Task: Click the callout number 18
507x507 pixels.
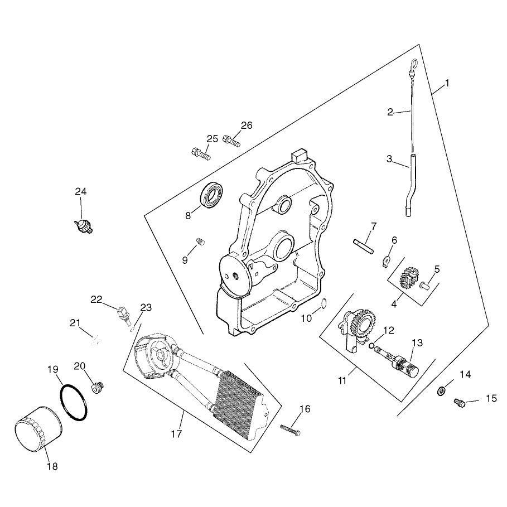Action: click(x=52, y=466)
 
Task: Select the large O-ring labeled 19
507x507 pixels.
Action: click(x=74, y=403)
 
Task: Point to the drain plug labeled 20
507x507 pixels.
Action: click(x=97, y=388)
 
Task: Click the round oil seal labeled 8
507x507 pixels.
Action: click(x=212, y=194)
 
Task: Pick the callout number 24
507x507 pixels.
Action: click(x=81, y=191)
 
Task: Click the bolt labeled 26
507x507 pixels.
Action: click(x=231, y=141)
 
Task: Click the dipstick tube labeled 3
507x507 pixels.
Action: click(x=410, y=185)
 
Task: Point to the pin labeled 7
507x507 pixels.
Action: click(x=364, y=246)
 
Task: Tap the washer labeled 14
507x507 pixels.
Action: click(x=441, y=391)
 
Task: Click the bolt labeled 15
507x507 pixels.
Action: click(x=460, y=403)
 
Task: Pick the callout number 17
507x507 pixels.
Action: click(x=177, y=434)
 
